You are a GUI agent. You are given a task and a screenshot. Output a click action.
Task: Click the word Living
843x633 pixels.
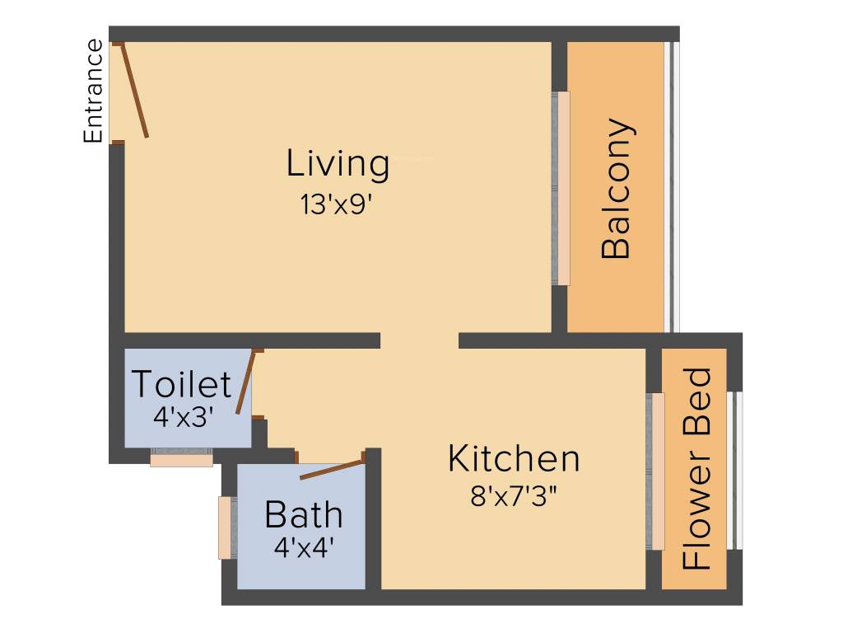pyautogui.click(x=338, y=163)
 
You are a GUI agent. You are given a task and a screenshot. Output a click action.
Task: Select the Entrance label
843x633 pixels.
pyautogui.click(x=94, y=91)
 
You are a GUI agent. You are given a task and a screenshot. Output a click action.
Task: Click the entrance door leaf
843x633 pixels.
pyautogui.click(x=135, y=91)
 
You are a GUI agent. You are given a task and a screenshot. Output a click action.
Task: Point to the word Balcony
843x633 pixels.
pyautogui.click(x=617, y=190)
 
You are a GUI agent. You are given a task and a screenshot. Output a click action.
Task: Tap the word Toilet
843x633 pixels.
pyautogui.click(x=181, y=385)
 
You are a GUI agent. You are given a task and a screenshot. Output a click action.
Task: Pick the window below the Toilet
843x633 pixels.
pyautogui.click(x=182, y=457)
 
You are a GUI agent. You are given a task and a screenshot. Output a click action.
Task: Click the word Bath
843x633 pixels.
pyautogui.click(x=303, y=515)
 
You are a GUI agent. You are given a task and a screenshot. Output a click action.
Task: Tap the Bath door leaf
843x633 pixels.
pyautogui.click(x=332, y=467)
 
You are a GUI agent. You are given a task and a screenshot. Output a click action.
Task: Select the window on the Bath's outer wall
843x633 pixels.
pyautogui.click(x=225, y=527)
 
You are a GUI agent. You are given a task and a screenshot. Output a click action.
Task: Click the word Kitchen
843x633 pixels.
pyautogui.click(x=513, y=458)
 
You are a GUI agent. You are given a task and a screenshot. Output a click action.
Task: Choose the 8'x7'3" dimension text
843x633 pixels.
pyautogui.click(x=513, y=496)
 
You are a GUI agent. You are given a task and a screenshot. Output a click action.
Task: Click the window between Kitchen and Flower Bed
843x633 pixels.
pyautogui.click(x=656, y=471)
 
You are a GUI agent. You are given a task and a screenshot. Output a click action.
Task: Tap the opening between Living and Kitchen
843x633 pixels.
pyautogui.click(x=419, y=340)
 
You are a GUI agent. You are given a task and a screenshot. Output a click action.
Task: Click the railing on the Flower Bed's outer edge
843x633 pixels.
pyautogui.click(x=738, y=470)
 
